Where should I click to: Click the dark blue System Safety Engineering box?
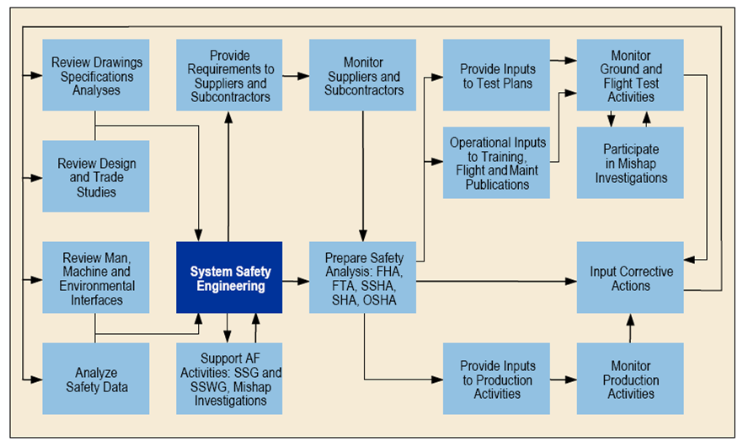[x=229, y=277]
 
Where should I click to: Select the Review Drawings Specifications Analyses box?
[x=96, y=75]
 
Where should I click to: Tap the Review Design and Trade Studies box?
[x=96, y=176]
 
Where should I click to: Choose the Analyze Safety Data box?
[x=96, y=379]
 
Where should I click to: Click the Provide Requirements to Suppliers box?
[x=229, y=75]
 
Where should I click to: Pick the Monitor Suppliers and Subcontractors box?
[x=362, y=75]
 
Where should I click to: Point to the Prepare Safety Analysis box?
[x=362, y=277]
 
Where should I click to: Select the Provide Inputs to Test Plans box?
[x=496, y=75]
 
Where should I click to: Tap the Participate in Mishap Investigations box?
[x=630, y=163]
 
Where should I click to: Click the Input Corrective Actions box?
[x=630, y=277]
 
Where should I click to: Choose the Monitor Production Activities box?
[x=630, y=379]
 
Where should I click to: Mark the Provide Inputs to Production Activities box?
[x=496, y=379]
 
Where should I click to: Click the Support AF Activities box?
[x=229, y=379]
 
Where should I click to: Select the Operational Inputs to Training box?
[x=496, y=163]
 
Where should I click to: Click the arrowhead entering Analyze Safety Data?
[x=37, y=380]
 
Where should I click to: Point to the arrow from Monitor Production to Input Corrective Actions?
[x=630, y=328]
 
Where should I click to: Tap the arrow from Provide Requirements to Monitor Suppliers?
[x=296, y=76]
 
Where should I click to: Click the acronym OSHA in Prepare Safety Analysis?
[x=380, y=300]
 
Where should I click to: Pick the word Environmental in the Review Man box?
[x=97, y=286]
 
